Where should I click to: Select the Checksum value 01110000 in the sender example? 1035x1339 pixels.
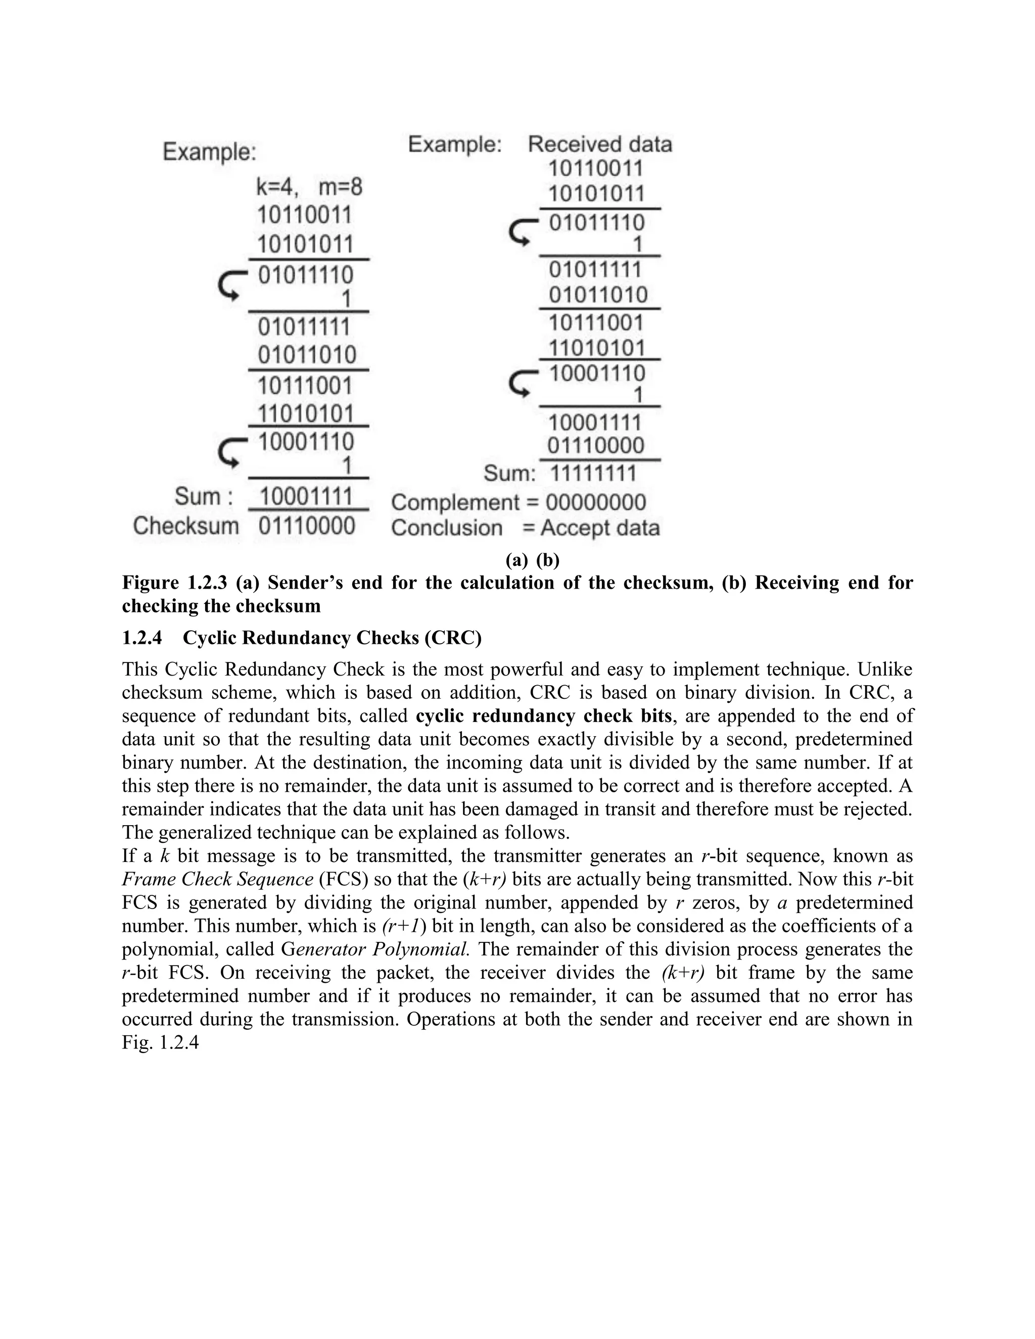[x=307, y=526]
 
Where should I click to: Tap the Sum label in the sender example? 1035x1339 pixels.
[x=203, y=496]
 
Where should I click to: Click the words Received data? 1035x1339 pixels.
[x=600, y=144]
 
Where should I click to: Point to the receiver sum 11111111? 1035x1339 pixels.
[x=593, y=473]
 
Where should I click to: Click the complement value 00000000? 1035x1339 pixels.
[x=595, y=503]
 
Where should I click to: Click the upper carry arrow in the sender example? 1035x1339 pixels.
[x=230, y=285]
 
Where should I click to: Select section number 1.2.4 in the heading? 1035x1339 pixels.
[x=142, y=638]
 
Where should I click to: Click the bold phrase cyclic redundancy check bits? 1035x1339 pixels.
[x=543, y=716]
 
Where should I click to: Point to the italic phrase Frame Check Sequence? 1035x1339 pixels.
[x=218, y=879]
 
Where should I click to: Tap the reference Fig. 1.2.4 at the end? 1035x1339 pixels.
[x=160, y=1042]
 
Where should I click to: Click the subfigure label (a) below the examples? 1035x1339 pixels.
[x=516, y=560]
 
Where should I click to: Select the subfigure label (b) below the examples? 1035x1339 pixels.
[x=547, y=560]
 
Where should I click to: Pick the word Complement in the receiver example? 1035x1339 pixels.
[x=455, y=503]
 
